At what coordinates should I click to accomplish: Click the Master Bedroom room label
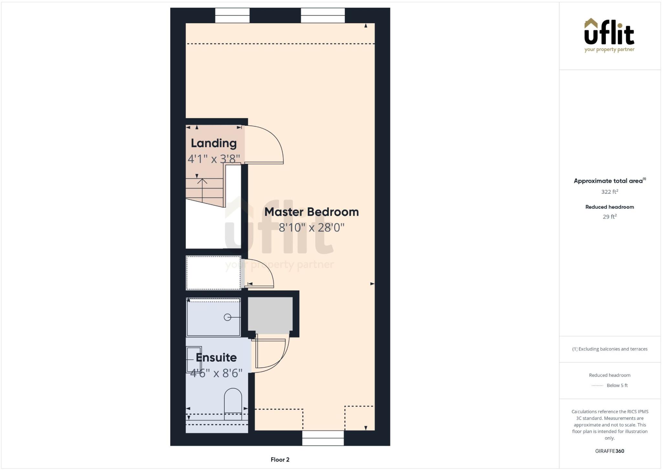311,212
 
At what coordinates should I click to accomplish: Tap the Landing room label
214,143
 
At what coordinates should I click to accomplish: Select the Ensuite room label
216,358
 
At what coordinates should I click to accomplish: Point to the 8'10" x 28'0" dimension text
311,228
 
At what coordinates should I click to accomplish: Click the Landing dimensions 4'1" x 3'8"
214,159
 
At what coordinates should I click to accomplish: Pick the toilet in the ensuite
233,403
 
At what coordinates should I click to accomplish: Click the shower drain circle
228,317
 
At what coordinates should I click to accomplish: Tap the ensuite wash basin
194,359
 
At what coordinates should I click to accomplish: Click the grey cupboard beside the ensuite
270,314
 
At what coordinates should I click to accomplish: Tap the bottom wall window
323,438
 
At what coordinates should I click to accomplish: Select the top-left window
232,16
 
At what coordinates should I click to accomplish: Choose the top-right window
323,16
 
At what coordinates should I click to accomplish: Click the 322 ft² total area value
609,191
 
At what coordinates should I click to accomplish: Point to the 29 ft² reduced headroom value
609,217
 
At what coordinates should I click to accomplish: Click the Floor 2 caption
280,460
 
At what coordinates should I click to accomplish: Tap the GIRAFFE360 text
609,451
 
